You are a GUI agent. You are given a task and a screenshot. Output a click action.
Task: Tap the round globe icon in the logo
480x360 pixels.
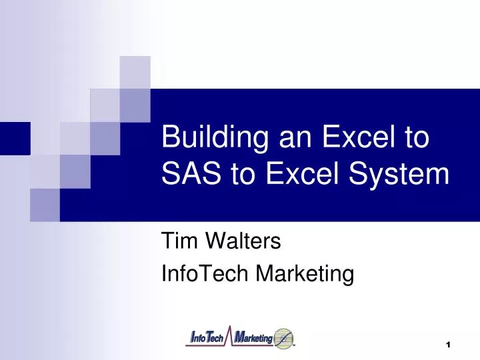[283, 339]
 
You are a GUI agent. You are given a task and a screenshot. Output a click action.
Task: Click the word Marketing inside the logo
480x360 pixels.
[254, 339]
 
